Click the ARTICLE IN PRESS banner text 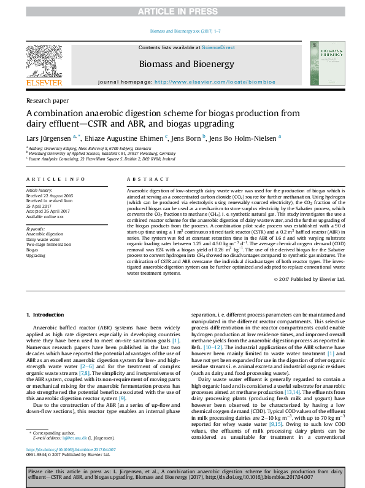182,11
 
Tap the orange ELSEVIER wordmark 44,82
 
